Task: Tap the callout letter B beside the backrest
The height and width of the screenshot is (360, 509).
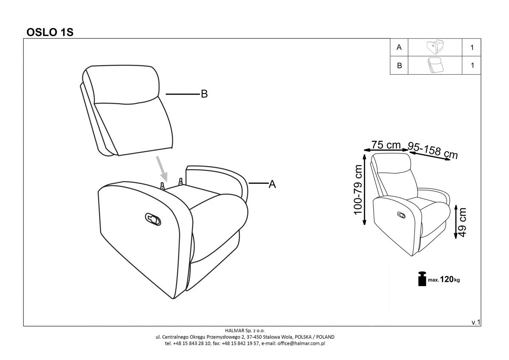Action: coord(204,94)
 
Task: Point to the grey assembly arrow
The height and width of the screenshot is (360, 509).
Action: coord(162,168)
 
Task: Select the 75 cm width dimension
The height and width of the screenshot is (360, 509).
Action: coord(386,145)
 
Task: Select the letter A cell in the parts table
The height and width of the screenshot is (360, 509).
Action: coord(399,48)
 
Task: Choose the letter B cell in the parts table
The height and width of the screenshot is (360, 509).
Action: coord(399,66)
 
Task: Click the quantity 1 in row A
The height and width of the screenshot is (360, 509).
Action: coord(472,48)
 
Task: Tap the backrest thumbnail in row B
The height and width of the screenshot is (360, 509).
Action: coord(434,65)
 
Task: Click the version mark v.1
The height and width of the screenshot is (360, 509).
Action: coord(475,323)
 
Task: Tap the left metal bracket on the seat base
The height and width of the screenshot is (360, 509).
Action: coord(162,185)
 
